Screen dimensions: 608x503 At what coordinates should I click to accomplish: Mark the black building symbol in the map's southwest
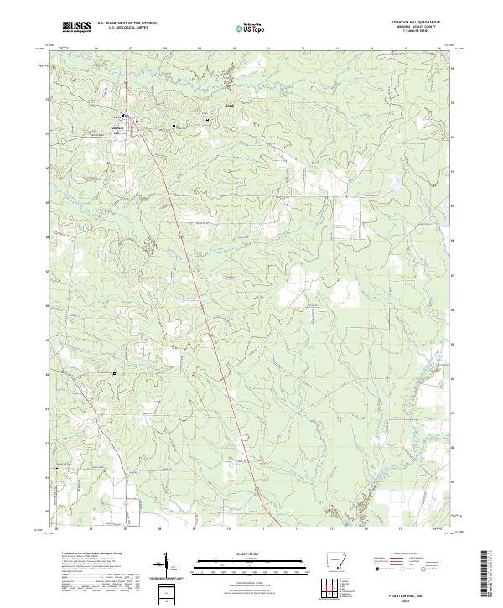point(116,372)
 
